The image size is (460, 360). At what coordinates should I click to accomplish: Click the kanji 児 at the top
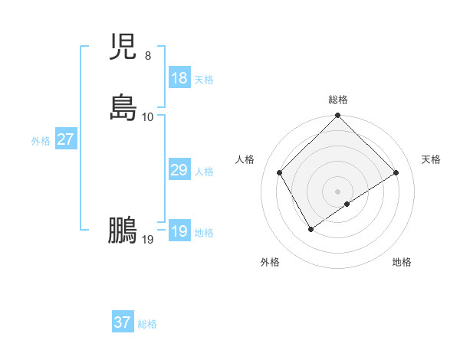[123, 47]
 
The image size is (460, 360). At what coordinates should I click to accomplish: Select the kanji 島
[123, 108]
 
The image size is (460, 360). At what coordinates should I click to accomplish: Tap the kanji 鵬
[123, 231]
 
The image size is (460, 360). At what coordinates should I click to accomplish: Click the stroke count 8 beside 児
[147, 56]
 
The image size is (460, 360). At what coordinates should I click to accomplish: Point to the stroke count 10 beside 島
[148, 116]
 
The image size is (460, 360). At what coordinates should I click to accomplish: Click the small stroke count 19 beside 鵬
[148, 239]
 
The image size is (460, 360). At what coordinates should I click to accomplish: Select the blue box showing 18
[179, 78]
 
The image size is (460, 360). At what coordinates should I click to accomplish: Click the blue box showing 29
[179, 170]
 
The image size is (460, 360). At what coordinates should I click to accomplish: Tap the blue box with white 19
[179, 231]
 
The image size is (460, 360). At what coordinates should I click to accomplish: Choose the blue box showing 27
[66, 139]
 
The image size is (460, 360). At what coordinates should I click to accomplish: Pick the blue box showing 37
[123, 322]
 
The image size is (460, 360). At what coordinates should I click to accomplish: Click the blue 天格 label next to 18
[204, 80]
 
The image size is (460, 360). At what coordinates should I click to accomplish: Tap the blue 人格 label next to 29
[204, 172]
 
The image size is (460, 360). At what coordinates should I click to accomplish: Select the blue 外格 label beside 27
[41, 141]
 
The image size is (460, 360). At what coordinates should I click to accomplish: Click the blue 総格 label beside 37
[147, 324]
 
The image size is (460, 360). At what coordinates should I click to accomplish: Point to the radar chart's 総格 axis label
[337, 100]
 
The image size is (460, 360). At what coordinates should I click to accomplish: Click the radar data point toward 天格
[396, 173]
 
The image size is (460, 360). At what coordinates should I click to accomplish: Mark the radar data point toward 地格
[347, 204]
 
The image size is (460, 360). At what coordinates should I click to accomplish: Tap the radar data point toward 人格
[280, 173]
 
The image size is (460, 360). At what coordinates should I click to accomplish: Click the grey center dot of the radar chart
[337, 191]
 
